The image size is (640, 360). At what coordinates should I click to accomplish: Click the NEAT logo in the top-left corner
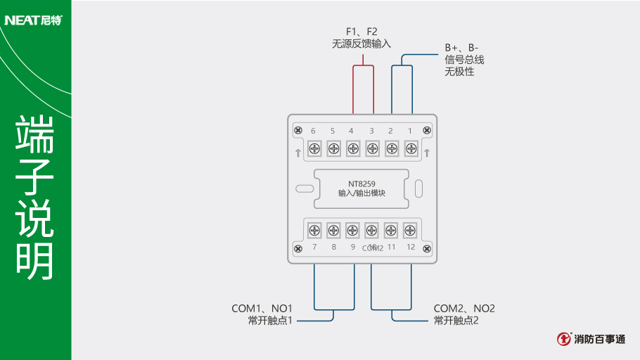click(33, 20)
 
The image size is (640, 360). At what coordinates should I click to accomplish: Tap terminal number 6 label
click(313, 131)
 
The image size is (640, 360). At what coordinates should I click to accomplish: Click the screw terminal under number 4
click(353, 148)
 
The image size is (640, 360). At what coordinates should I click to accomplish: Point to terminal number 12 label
click(411, 247)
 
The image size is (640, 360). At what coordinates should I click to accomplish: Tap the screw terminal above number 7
click(314, 229)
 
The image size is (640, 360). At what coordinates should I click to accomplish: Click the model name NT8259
click(361, 184)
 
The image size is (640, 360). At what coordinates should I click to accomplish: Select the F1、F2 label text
click(361, 32)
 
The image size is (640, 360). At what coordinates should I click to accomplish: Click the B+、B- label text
click(461, 48)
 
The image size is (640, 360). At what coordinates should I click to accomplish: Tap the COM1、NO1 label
click(262, 309)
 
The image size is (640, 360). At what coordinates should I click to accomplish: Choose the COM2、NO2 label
click(464, 309)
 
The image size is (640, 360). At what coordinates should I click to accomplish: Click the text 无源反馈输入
click(361, 44)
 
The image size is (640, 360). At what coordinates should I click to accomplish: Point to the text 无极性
click(459, 72)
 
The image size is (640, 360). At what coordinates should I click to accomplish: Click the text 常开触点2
click(456, 321)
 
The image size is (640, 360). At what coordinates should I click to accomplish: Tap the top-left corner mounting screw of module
click(298, 131)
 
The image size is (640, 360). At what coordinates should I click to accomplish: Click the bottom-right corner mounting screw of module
click(426, 248)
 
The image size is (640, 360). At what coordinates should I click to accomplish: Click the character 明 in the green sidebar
click(35, 262)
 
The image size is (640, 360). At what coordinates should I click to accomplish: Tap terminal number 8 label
click(333, 247)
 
